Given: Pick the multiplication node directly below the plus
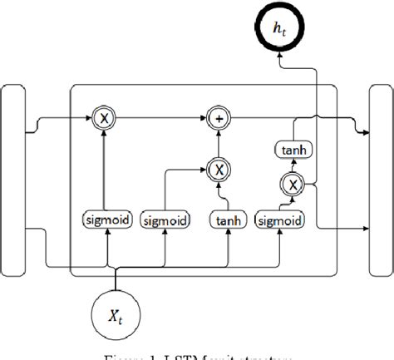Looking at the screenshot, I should (219, 169).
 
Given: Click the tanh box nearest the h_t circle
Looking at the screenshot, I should (292, 149).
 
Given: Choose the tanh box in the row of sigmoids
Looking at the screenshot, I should (227, 220).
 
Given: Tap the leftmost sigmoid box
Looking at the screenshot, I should (105, 220).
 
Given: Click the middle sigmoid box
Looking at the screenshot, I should (165, 221).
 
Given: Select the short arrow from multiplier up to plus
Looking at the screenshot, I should (219, 143).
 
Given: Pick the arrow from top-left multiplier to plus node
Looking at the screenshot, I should (162, 118).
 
